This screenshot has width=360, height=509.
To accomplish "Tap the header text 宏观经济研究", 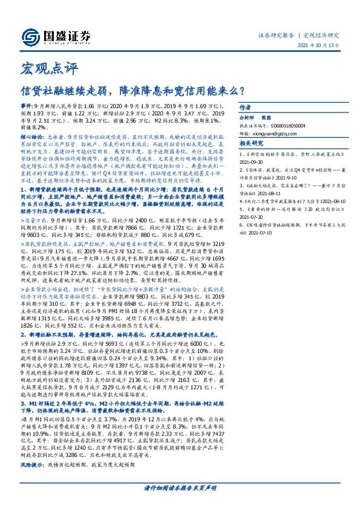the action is pyautogui.click(x=322, y=35).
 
